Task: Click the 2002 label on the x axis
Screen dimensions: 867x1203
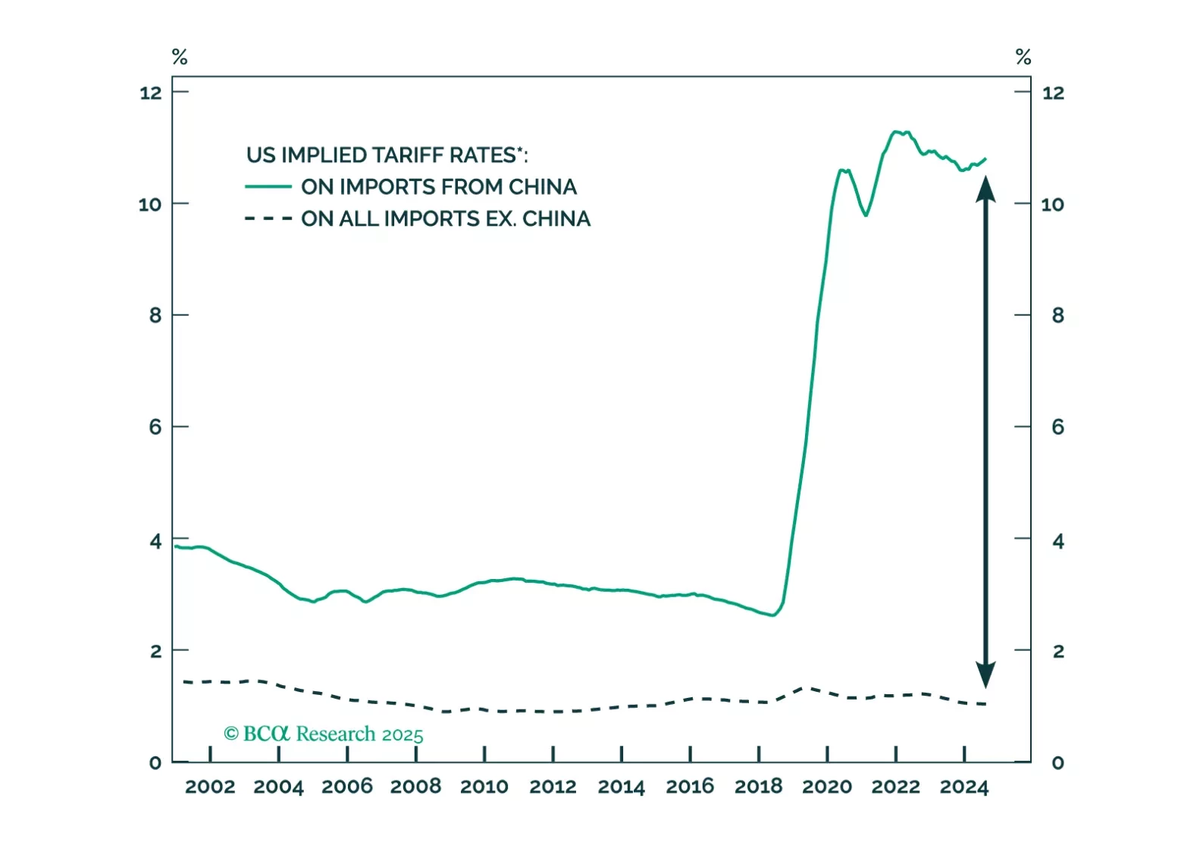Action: coord(210,787)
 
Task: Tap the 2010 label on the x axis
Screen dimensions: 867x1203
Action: coord(484,787)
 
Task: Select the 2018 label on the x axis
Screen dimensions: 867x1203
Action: coord(758,787)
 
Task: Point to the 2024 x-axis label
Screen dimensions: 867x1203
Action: coord(964,787)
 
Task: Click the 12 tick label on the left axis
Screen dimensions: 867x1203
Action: coord(151,93)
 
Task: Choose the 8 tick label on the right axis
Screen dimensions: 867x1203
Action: coord(1058,315)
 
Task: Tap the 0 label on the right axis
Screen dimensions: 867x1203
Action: coord(1058,762)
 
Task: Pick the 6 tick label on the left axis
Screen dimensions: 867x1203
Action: coord(155,427)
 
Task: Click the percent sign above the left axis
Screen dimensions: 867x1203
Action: coord(180,57)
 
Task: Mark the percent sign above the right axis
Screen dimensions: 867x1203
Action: coord(1023,57)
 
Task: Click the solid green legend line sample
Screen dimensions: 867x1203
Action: coord(268,186)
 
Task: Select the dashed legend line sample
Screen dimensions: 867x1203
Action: coord(268,219)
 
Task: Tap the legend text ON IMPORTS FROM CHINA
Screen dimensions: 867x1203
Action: coord(439,186)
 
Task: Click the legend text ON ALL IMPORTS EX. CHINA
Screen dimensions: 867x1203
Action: coord(446,219)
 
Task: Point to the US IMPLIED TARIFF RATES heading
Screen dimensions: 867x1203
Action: coord(387,155)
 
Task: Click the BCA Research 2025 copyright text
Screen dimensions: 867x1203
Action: coord(324,734)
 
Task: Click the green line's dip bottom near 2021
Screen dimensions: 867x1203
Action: coord(866,215)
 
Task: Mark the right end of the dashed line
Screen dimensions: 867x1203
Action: coord(985,704)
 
